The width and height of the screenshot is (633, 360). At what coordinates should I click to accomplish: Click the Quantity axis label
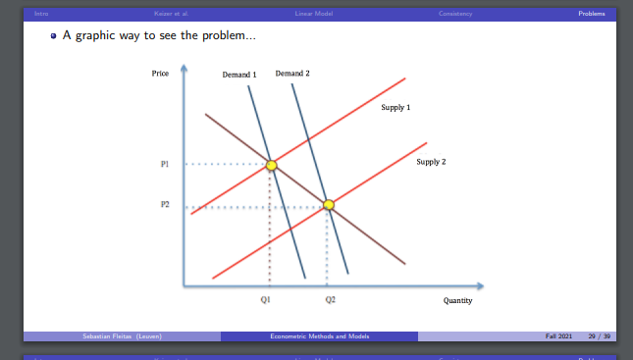tap(457, 301)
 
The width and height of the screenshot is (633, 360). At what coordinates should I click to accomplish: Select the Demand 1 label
tap(239, 75)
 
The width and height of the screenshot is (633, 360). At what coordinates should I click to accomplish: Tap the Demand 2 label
tap(292, 74)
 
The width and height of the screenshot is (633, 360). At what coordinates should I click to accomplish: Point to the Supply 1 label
tap(396, 106)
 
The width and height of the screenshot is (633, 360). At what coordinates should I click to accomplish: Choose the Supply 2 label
tap(431, 161)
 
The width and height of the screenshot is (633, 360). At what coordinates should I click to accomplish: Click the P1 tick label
tap(165, 164)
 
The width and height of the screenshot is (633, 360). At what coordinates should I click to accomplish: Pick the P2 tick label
tap(165, 204)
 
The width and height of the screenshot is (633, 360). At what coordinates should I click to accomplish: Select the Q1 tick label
tap(266, 299)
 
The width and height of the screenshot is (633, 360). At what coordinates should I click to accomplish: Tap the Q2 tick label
tap(330, 299)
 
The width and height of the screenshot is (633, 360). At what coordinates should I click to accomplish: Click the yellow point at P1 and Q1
tap(272, 165)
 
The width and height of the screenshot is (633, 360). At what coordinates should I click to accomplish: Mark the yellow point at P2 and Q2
tap(329, 205)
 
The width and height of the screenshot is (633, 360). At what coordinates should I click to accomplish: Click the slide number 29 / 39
tap(599, 336)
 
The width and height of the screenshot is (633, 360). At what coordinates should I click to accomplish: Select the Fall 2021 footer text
tap(559, 336)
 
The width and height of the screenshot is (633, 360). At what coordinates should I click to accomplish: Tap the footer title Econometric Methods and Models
tap(318, 336)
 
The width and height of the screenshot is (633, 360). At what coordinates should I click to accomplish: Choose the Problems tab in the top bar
tap(592, 13)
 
